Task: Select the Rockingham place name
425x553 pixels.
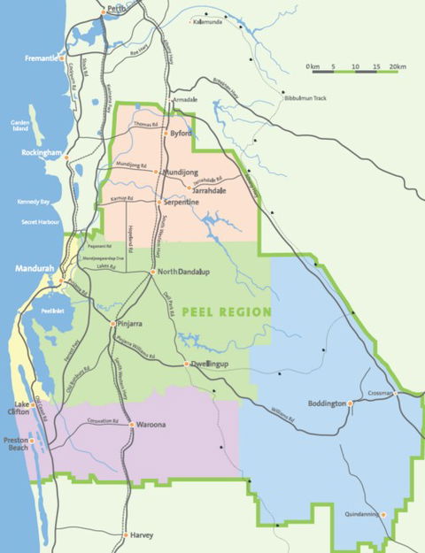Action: coord(42,152)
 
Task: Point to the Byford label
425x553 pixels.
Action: coord(181,134)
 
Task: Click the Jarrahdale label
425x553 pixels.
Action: coord(209,189)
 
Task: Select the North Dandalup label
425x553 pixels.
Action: coord(189,272)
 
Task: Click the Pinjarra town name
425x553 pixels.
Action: coord(130,325)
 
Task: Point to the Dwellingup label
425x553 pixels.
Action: coord(211,364)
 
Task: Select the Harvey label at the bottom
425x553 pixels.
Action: coord(142,534)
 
